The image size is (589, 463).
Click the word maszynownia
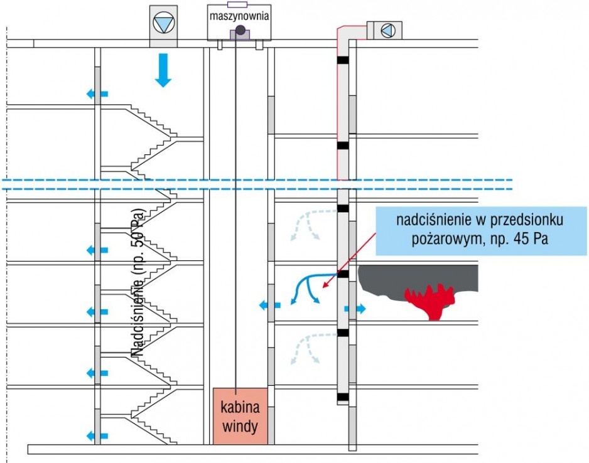pos(239,16)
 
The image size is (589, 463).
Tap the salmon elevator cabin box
pos(240,416)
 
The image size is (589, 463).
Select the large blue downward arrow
pos(163,70)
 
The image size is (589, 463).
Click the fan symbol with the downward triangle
pos(164,23)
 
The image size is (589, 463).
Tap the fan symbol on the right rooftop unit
pos(388,31)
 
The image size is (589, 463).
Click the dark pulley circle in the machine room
pos(240,29)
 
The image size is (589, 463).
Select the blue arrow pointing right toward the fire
pos(355,309)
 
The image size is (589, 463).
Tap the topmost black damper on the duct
pos(343,60)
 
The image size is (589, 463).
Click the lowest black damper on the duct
pos(343,397)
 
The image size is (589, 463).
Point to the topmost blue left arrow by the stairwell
pos(97,94)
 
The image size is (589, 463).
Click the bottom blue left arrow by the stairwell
pos(97,436)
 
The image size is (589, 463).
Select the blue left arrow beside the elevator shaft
pos(270,305)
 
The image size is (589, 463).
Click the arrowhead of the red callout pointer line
pos(324,286)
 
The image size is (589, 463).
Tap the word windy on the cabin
pos(240,426)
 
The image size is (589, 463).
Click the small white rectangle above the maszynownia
pos(237,4)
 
